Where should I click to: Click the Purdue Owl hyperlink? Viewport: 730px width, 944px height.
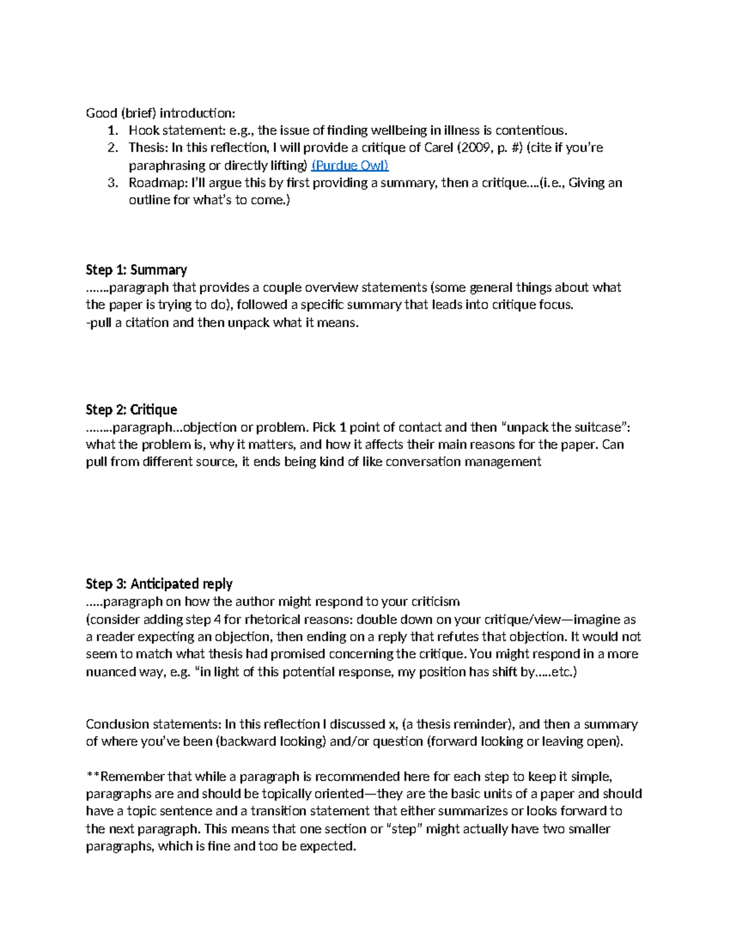click(x=350, y=165)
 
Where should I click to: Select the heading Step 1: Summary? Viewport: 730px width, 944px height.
click(x=136, y=270)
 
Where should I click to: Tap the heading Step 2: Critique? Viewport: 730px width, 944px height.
click(x=131, y=410)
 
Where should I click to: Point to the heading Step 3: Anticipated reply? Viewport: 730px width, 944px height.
click(x=159, y=584)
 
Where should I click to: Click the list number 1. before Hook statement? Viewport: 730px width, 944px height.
click(x=113, y=131)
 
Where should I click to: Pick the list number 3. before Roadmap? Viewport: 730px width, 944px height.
click(x=113, y=183)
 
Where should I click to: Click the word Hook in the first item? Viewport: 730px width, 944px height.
click(x=143, y=131)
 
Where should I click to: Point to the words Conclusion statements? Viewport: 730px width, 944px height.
click(x=153, y=725)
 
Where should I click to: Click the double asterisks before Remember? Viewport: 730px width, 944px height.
click(x=92, y=776)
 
